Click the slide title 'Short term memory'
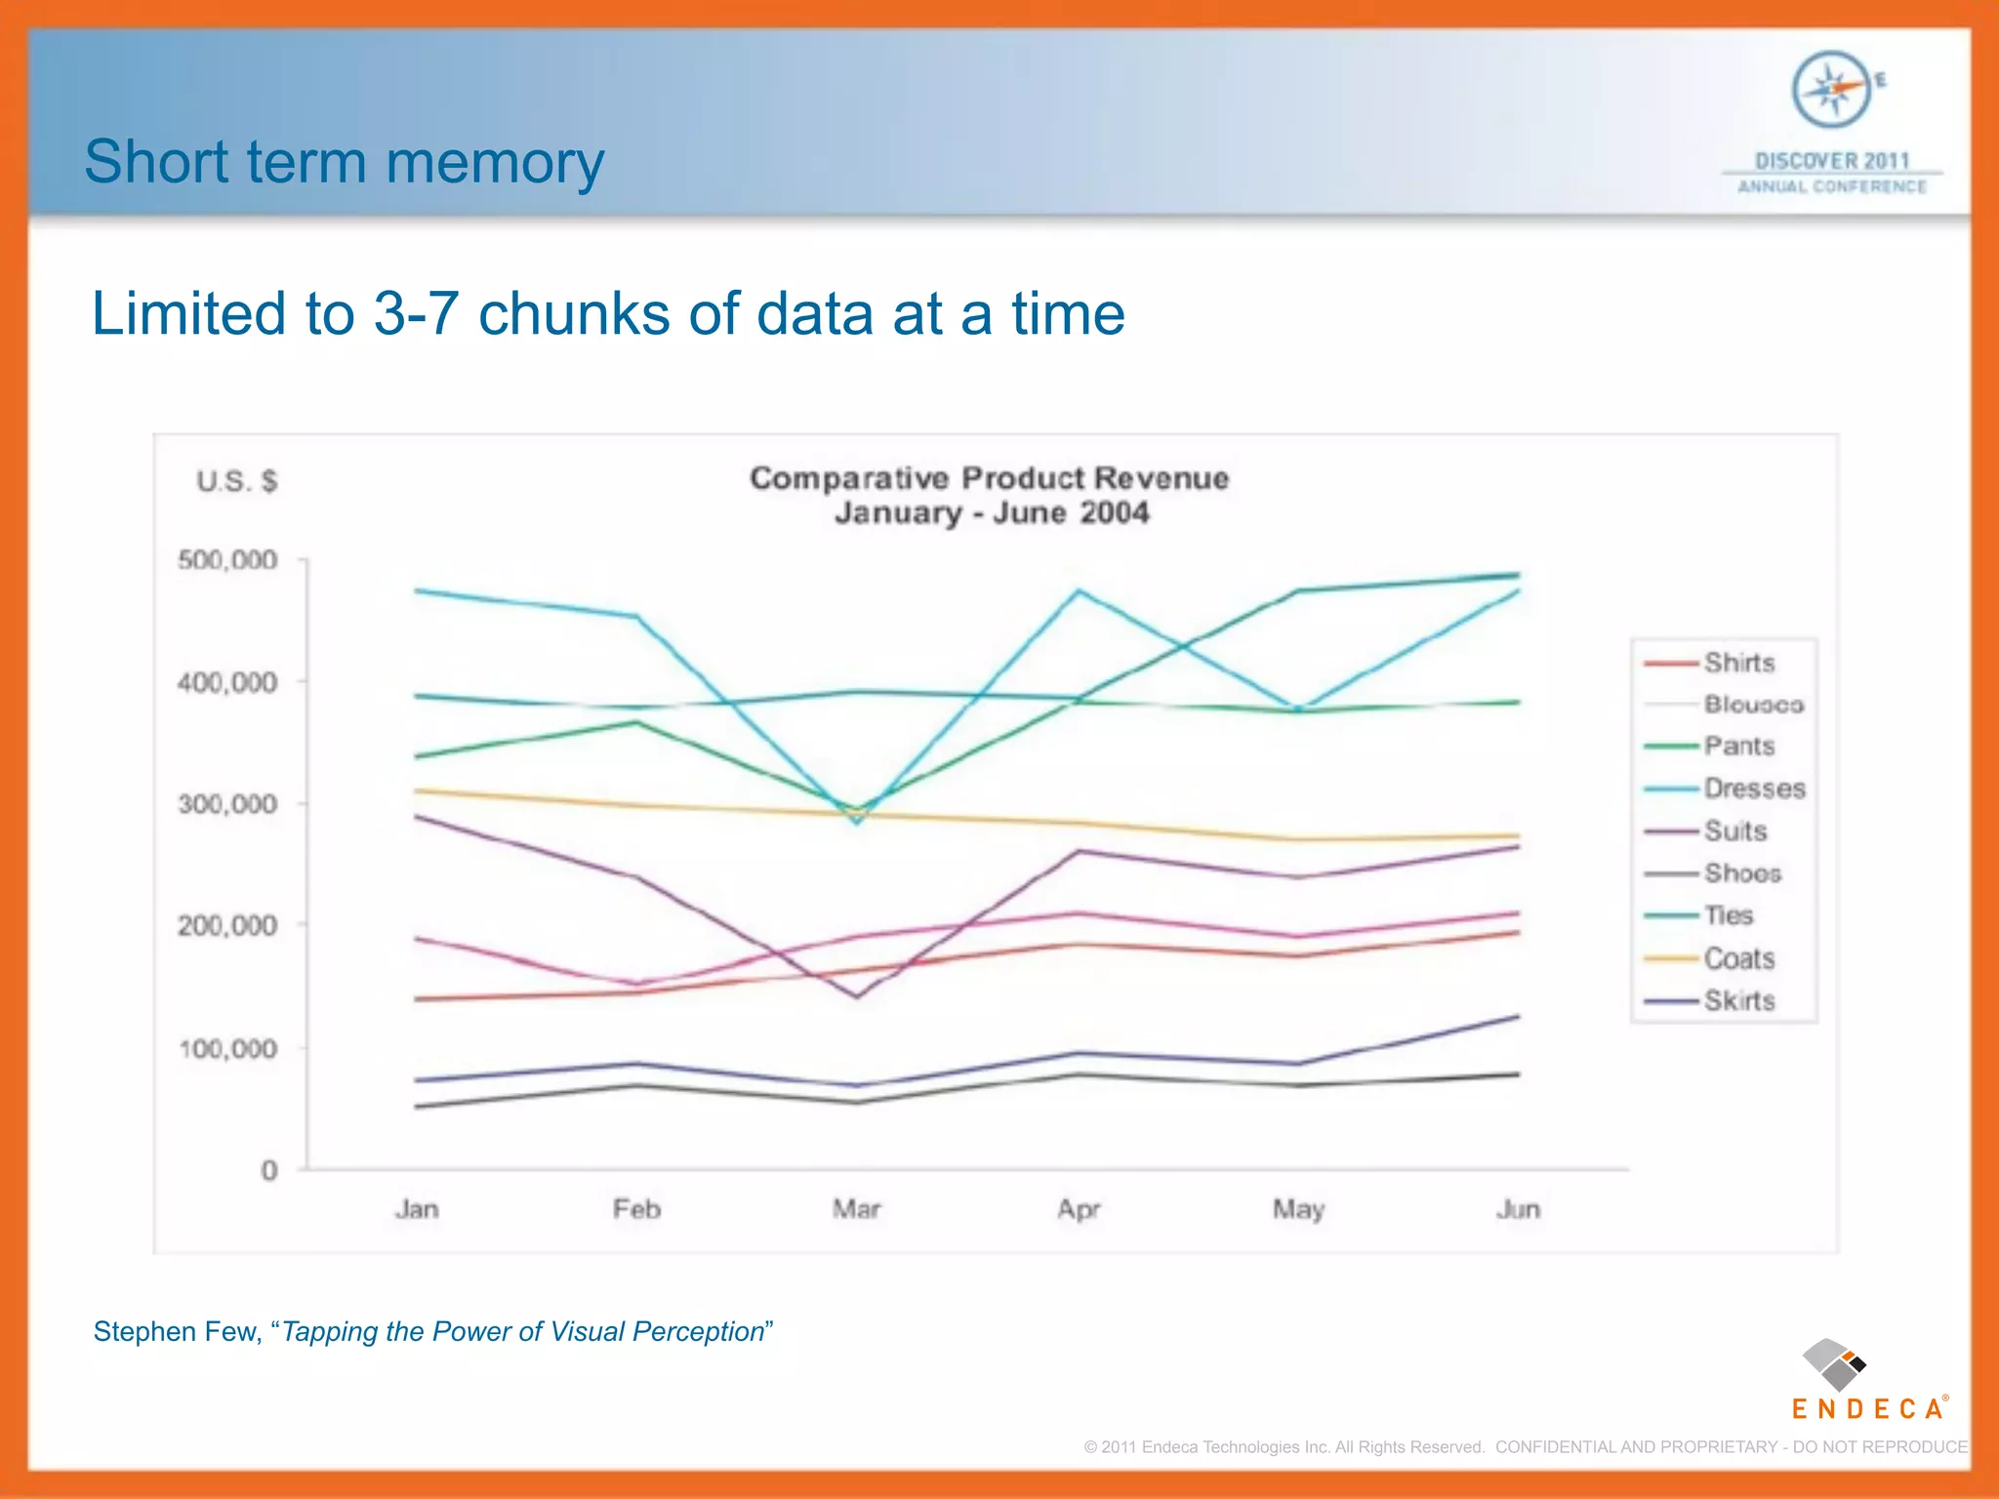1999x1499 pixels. tap(344, 162)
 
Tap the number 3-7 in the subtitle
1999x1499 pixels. tap(416, 314)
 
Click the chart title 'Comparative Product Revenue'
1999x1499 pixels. tap(989, 478)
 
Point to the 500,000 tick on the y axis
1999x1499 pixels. tap(227, 560)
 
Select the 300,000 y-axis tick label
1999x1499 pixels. tap(227, 804)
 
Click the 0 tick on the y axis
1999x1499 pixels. tap(269, 1170)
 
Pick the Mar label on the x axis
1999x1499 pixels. tap(856, 1210)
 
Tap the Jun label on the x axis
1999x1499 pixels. tap(1518, 1210)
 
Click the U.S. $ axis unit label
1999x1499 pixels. tap(236, 481)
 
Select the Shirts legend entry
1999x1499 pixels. tap(1738, 663)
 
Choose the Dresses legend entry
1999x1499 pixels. tap(1754, 789)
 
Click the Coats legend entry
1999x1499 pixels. tap(1738, 958)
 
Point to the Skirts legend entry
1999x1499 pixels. tap(1738, 1000)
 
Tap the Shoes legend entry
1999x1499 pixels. tap(1742, 873)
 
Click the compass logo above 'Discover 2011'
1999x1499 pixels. tap(1832, 90)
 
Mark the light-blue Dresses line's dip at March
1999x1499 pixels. tap(857, 823)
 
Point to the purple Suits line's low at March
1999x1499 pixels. tap(857, 996)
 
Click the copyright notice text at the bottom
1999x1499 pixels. tap(1526, 1446)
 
